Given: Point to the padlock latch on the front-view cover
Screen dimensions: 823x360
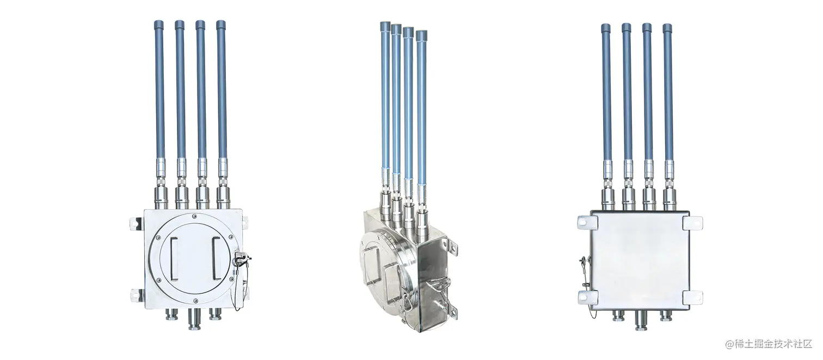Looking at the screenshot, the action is click(x=241, y=259).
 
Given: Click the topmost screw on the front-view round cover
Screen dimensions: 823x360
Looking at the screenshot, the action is click(x=194, y=216).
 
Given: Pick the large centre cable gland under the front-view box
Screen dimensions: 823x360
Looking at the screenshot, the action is click(x=195, y=319).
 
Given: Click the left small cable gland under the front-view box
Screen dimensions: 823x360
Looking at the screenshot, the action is click(x=172, y=314).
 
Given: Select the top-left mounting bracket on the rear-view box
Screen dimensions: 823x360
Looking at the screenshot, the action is click(x=587, y=222).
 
